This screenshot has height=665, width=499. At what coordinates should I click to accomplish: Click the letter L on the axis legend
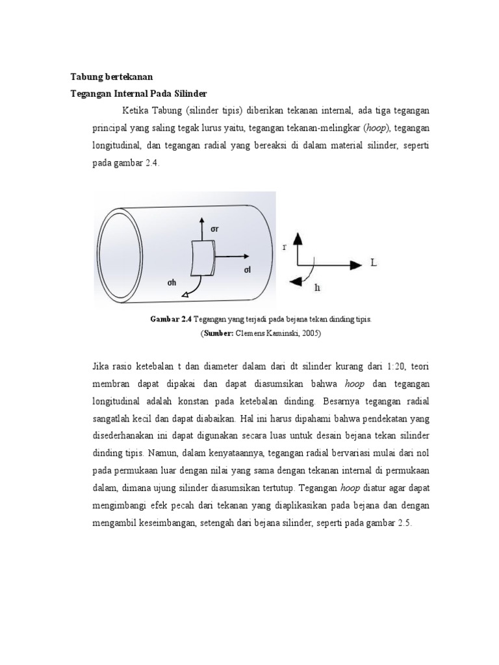pyautogui.click(x=374, y=263)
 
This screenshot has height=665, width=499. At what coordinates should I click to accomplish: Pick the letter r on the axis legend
pyautogui.click(x=284, y=247)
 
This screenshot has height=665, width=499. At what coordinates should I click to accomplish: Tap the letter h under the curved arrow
pyautogui.click(x=317, y=286)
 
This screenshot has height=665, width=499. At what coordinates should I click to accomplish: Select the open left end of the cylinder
pyautogui.click(x=121, y=254)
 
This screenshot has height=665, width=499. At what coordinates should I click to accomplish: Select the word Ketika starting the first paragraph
pyautogui.click(x=135, y=110)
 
